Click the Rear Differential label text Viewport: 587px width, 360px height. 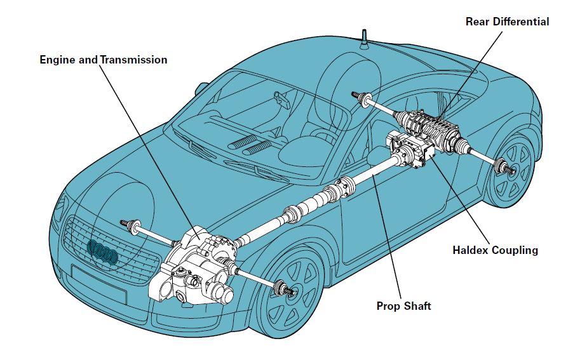click(x=507, y=22)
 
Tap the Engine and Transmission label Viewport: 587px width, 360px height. click(x=104, y=60)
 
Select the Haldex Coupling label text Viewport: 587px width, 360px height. click(x=495, y=250)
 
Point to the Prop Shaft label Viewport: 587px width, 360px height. click(x=403, y=306)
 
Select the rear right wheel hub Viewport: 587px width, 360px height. click(x=506, y=168)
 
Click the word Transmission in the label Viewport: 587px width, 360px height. click(x=133, y=60)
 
